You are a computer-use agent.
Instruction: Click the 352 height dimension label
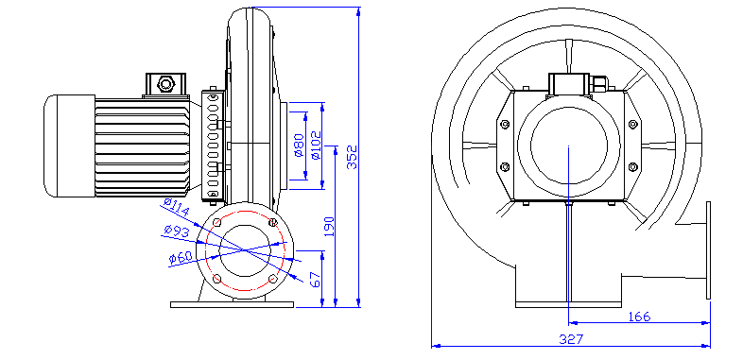coord(352,157)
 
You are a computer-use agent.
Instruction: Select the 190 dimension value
coord(329,227)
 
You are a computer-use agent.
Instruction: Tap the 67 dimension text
coord(315,280)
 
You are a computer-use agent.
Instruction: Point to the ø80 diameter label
coord(298,146)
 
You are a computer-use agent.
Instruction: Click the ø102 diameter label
coord(316,145)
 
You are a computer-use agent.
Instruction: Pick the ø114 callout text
coord(176,208)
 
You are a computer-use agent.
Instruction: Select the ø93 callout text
coord(176,231)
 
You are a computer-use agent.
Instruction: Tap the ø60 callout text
coord(180,257)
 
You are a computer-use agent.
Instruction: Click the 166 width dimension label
coord(639,317)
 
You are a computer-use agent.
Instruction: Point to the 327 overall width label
coord(571,339)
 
